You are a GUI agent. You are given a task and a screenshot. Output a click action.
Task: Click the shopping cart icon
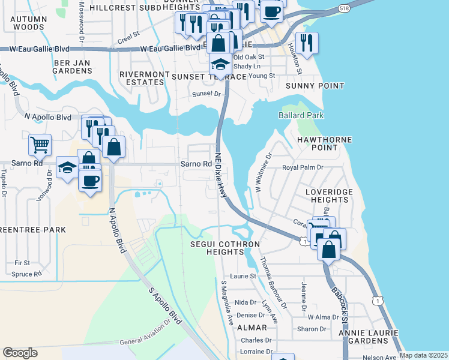pyautogui.click(x=40, y=144)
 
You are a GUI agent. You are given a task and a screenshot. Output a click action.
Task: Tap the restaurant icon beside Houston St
pyautogui.click(x=307, y=43)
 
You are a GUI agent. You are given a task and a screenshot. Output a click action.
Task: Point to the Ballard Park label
pyautogui.click(x=301, y=115)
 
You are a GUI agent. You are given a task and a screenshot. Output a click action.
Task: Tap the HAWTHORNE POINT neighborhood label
pyautogui.click(x=324, y=143)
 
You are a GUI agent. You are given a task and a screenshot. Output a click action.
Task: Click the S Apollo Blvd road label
pyautogui.click(x=164, y=305)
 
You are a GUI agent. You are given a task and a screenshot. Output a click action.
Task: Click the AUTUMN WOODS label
pyautogui.click(x=28, y=23)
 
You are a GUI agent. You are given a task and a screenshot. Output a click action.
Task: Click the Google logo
pyautogui.click(x=20, y=353)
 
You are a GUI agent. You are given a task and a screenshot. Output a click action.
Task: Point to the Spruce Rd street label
pyautogui.click(x=26, y=274)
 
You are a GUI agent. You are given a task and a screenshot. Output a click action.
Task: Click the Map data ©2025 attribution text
pyautogui.click(x=423, y=355)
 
